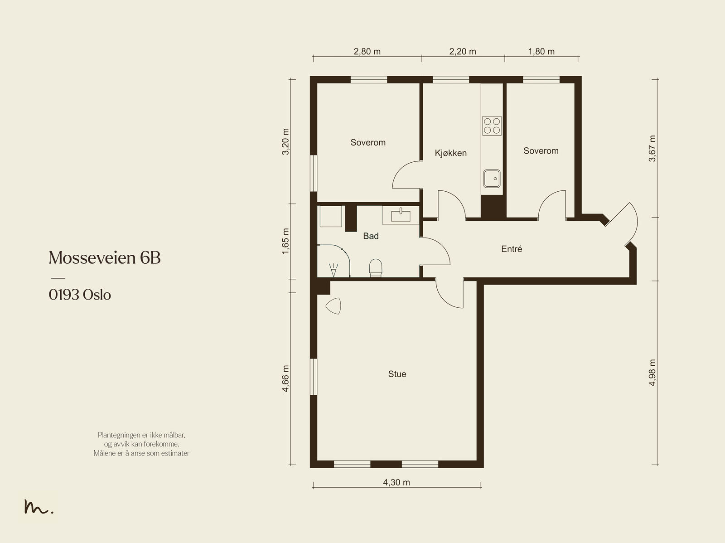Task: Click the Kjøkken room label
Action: pyautogui.click(x=450, y=153)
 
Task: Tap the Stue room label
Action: pyautogui.click(x=397, y=374)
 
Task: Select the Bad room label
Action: pyautogui.click(x=371, y=236)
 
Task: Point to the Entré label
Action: pyautogui.click(x=512, y=249)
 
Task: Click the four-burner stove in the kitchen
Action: pyautogui.click(x=492, y=126)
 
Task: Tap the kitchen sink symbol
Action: pyautogui.click(x=492, y=179)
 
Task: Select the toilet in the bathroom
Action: pyautogui.click(x=376, y=268)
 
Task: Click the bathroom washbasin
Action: pyautogui.click(x=401, y=215)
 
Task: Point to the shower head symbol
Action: pyautogui.click(x=333, y=270)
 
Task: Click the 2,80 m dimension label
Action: pyautogui.click(x=367, y=52)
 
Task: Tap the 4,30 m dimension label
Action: pyautogui.click(x=396, y=483)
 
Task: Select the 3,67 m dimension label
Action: pyautogui.click(x=652, y=148)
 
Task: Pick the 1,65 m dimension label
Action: pyautogui.click(x=285, y=241)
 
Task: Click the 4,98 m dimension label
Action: pyautogui.click(x=652, y=373)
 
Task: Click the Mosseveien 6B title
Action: pyautogui.click(x=105, y=257)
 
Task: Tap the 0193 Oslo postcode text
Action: pyautogui.click(x=80, y=295)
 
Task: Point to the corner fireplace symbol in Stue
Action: pyautogui.click(x=333, y=306)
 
